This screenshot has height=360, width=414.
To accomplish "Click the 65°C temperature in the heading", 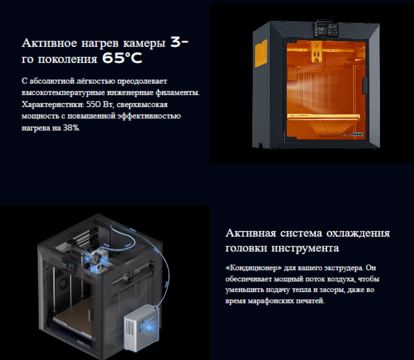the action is (x=122, y=58).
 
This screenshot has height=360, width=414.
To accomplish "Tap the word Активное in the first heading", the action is (x=49, y=43).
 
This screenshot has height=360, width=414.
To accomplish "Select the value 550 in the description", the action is (x=94, y=104).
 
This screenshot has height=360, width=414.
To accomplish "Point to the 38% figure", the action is (x=71, y=128).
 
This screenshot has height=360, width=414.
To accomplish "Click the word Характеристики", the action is (x=52, y=104).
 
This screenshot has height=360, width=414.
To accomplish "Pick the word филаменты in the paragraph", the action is (x=177, y=93).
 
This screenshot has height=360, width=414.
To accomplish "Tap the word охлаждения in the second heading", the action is (x=358, y=233).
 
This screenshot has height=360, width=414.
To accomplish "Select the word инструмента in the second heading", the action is (x=305, y=248).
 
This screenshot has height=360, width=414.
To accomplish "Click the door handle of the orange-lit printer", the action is (x=364, y=85).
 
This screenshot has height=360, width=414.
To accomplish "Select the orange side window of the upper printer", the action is (x=261, y=53).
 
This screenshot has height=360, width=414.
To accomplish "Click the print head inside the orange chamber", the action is (x=316, y=53).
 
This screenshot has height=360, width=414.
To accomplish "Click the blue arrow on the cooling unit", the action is (x=151, y=328).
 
